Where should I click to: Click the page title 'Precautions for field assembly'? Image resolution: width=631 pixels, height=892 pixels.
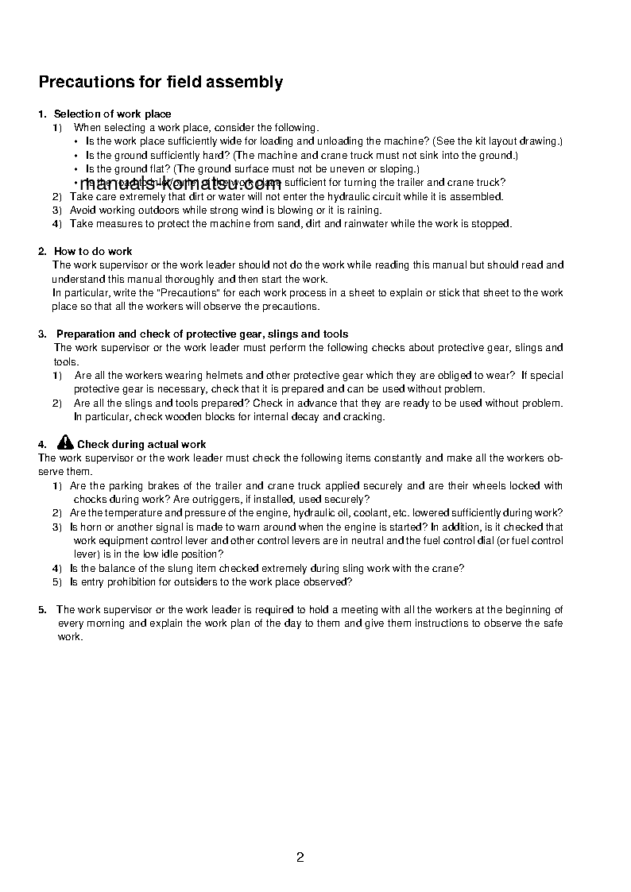point(161,82)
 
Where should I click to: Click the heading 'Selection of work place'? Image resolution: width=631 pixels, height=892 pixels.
point(112,114)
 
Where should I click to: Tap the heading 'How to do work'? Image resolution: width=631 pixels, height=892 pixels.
point(93,252)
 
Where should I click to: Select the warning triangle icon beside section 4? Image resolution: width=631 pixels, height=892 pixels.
point(65,443)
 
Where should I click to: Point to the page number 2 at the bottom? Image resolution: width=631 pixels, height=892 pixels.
point(300,857)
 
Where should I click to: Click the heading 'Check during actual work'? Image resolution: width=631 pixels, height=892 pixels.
point(141,445)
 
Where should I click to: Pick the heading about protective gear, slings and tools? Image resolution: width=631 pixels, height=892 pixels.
point(202,334)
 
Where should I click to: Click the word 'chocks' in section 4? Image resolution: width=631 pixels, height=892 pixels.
point(89,500)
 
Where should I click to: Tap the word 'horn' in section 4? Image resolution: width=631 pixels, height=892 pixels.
point(90,527)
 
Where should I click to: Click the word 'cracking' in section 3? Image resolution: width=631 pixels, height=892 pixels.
point(364,417)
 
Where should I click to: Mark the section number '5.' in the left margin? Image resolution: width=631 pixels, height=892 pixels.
point(42,610)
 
